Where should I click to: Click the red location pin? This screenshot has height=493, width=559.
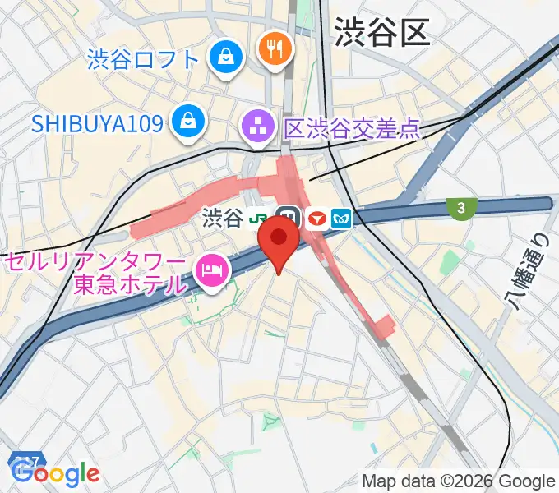point(279,240)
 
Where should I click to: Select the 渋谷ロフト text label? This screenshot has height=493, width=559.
point(143,59)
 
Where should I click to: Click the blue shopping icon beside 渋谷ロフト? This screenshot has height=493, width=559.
point(224,57)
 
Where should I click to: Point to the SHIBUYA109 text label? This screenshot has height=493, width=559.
point(97,123)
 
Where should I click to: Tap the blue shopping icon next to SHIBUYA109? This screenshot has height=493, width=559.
point(189,122)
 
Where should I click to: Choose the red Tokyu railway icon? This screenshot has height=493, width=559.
point(316,219)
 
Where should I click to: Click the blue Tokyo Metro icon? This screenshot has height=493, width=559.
point(341,219)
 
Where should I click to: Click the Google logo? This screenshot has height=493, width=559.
point(56,473)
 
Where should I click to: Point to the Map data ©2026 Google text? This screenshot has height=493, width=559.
point(459,481)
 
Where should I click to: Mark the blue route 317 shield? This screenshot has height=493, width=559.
point(25,460)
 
